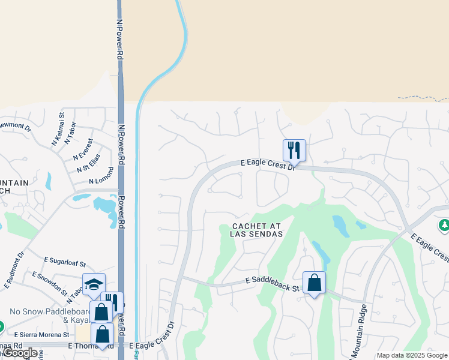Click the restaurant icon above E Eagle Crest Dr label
294,150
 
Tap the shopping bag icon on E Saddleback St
314,282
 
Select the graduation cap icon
94,284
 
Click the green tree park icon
444,225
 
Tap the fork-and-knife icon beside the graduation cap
112,302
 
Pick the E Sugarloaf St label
65,262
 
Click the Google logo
20,353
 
